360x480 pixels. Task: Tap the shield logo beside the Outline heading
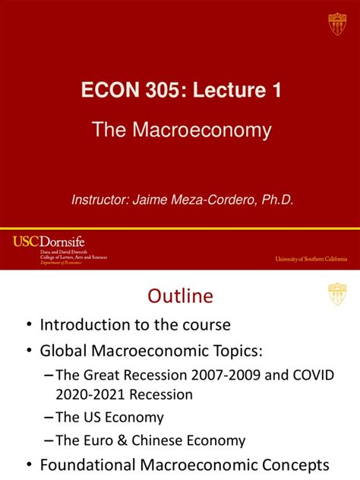coord(336,294)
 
